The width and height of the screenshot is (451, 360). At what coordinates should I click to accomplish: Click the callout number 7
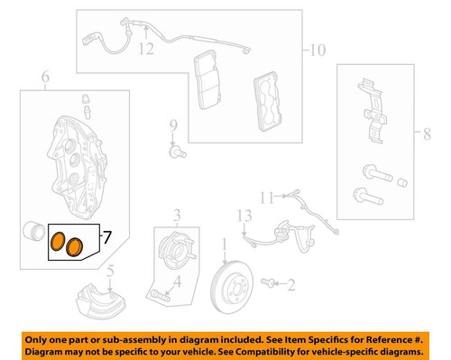click(x=106, y=239)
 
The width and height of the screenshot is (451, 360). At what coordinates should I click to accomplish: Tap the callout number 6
click(x=43, y=79)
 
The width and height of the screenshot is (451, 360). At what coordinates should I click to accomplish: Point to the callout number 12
click(x=146, y=51)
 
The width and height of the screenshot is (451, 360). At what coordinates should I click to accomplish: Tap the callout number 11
click(x=267, y=197)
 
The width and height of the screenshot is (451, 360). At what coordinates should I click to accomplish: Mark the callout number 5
click(x=109, y=272)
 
